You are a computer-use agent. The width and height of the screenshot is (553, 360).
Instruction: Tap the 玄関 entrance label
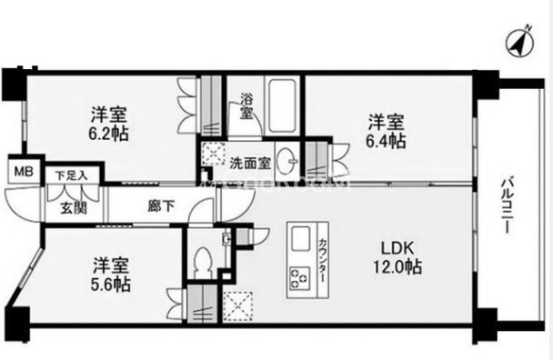[x=73, y=206]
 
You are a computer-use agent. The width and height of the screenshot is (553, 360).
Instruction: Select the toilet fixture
[x=205, y=261]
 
